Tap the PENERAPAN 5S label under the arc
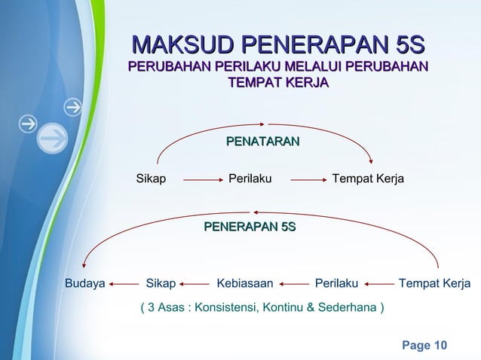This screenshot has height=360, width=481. coord(250,227)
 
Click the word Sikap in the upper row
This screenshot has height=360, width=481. coord(151,179)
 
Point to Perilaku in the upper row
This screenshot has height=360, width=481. coord(250,179)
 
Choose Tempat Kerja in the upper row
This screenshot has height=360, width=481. coord(368,179)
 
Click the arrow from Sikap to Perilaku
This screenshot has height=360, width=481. coord(199,180)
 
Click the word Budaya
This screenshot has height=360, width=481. coord(84,284)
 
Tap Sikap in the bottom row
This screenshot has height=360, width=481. coord(161,284)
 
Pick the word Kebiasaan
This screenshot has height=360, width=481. coord(245,284)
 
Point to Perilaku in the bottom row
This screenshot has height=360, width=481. coord(336,284)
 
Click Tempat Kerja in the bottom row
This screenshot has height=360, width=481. coord(434,284)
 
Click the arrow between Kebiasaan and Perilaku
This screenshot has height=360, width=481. coord(295,285)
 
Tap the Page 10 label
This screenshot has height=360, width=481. coord(424,345)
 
